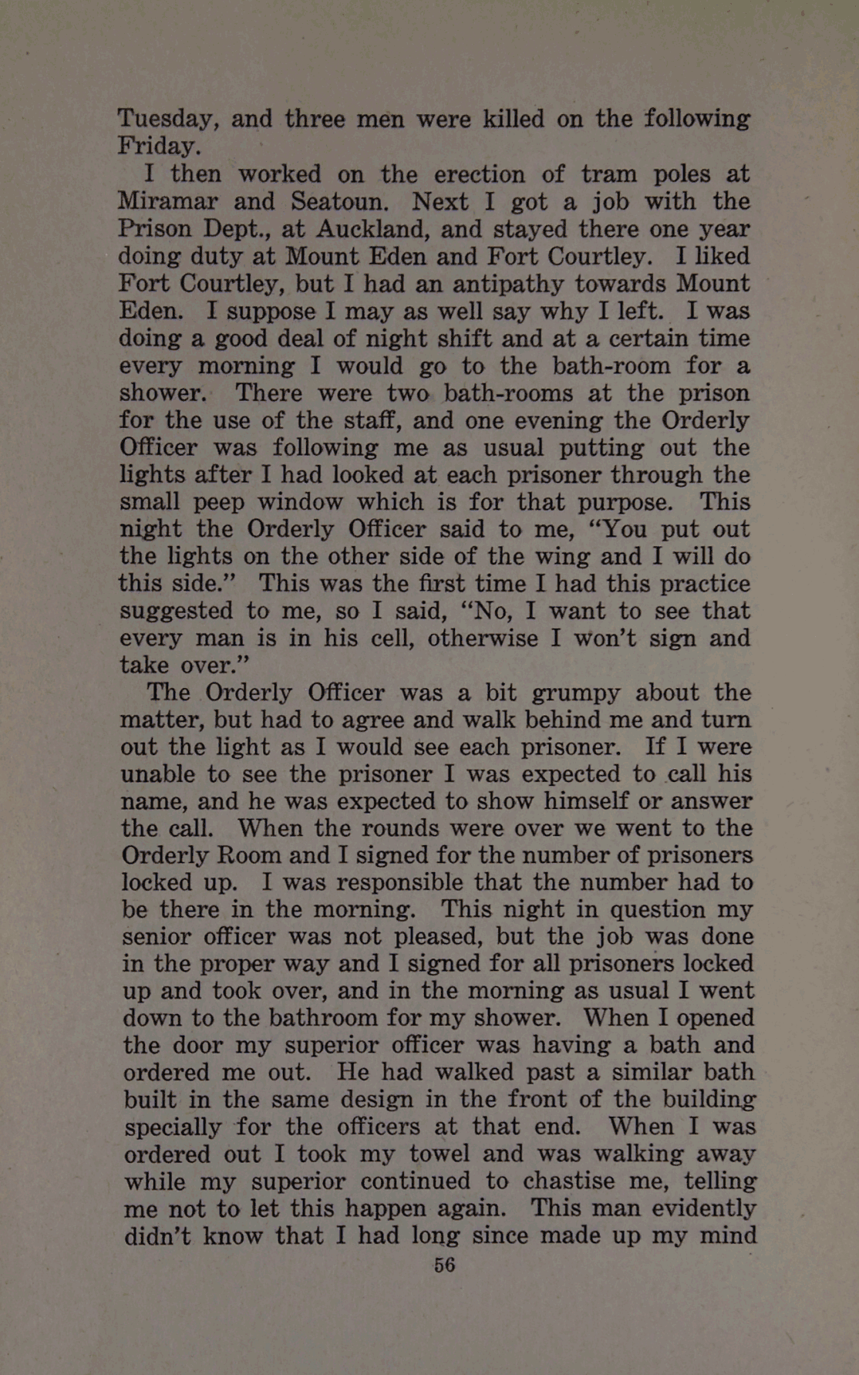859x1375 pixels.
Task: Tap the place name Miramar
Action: click(x=167, y=201)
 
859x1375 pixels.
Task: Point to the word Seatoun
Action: click(x=339, y=201)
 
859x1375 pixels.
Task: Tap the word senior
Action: click(x=157, y=936)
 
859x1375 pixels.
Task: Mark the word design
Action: click(x=357, y=1100)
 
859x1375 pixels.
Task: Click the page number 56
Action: click(x=444, y=1265)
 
